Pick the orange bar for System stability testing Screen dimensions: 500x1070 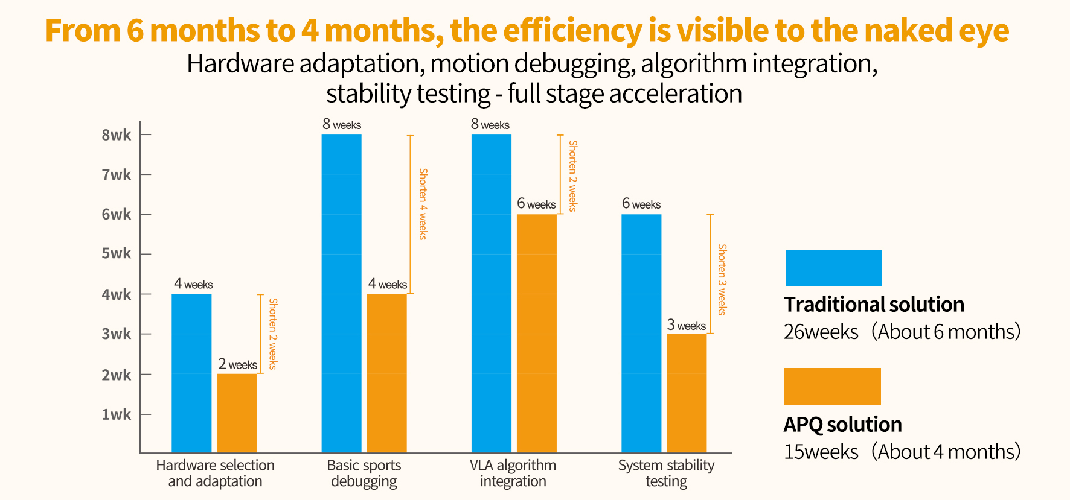687,393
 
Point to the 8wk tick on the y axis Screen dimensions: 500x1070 116,135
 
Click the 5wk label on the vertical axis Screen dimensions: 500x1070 116,253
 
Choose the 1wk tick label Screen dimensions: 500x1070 116,414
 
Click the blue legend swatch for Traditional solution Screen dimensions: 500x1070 833,268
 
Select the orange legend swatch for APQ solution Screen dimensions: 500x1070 832,386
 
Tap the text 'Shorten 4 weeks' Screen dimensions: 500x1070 423,204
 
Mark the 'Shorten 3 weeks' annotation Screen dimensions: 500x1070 722,279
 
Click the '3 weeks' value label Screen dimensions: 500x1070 686,325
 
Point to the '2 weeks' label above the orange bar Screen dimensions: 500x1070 237,364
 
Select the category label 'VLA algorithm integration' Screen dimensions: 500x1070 513,473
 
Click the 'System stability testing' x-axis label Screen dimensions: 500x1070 666,473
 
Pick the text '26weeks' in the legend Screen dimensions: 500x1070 821,332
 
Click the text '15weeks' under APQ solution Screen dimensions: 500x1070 821,452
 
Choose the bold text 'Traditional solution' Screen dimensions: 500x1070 874,305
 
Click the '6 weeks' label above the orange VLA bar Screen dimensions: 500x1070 536,204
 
